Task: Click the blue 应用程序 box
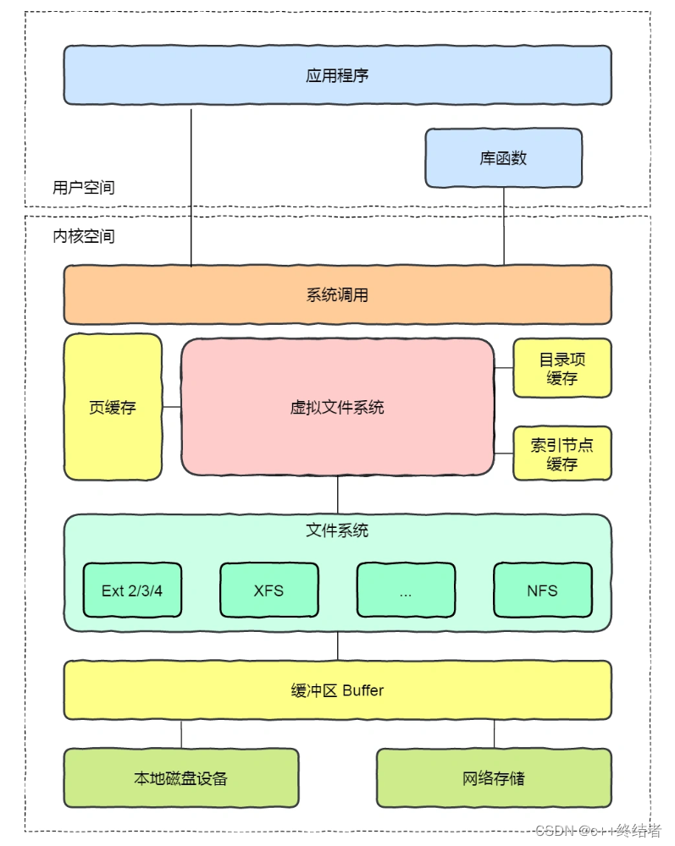click(337, 75)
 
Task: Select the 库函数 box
click(503, 158)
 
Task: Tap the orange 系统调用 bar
click(337, 295)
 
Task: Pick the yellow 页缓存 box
click(113, 407)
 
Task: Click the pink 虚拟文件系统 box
click(337, 407)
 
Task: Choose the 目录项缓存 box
click(562, 369)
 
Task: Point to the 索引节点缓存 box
click(562, 454)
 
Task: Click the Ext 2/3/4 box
click(131, 591)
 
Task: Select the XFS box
click(268, 591)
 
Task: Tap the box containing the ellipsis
click(405, 591)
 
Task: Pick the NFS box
click(542, 591)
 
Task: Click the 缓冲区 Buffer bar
click(337, 690)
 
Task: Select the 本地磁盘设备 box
click(181, 778)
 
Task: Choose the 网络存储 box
click(494, 778)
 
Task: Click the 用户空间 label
click(83, 188)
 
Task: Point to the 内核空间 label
click(83, 236)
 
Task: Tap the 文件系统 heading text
click(337, 531)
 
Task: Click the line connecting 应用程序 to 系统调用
click(191, 186)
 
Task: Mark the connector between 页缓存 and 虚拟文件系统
click(172, 407)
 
